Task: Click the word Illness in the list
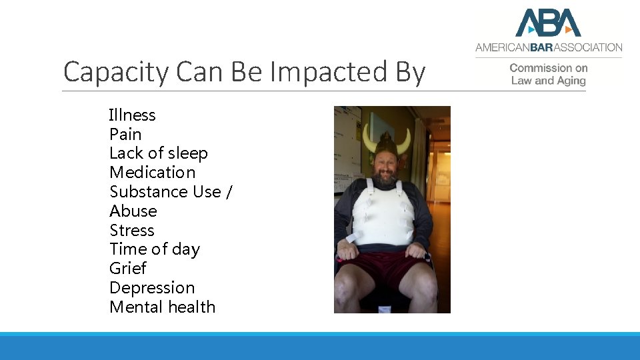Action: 132,115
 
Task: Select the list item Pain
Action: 125,135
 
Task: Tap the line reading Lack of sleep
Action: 159,153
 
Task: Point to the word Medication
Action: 153,173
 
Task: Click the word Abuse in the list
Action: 133,211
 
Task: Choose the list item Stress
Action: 132,231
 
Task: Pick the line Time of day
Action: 155,249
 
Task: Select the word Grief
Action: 127,269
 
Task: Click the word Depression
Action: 152,288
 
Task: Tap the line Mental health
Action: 162,307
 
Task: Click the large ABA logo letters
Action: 548,23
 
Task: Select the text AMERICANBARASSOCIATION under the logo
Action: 548,47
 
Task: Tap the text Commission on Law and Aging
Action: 548,74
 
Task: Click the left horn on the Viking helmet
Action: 368,139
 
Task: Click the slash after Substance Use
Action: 229,192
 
